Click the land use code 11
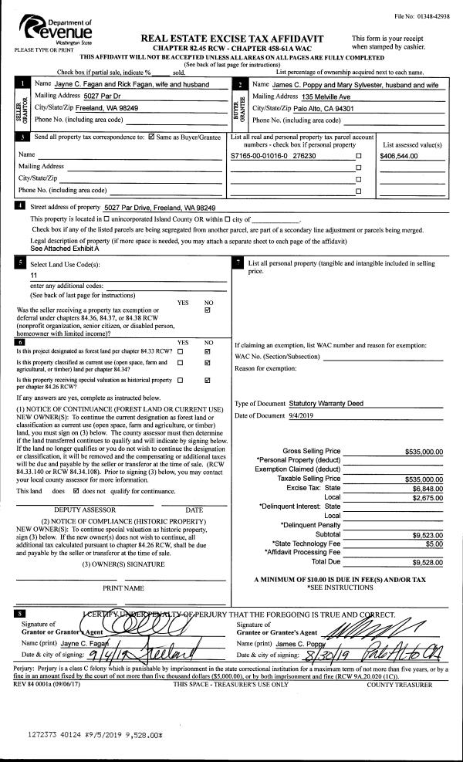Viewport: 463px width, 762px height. (x=34, y=275)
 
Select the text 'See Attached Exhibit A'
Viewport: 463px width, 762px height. (x=66, y=249)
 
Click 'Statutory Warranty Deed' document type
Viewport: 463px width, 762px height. (x=326, y=403)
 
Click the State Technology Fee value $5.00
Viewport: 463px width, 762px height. (x=434, y=544)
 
